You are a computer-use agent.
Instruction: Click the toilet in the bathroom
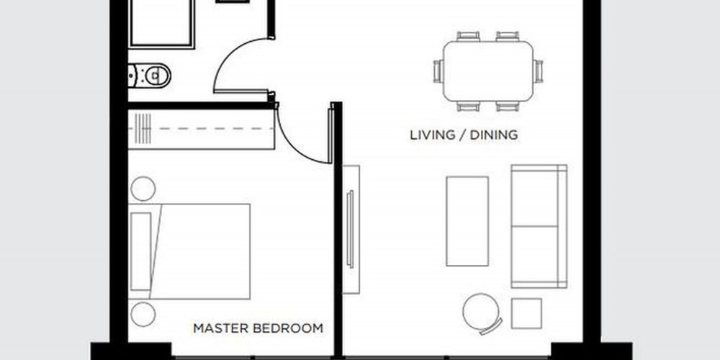coord(150,76)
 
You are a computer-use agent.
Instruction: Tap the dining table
coord(488,71)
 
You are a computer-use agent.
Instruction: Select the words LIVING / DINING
coord(464,135)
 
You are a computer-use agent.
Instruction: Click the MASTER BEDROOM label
coord(258,328)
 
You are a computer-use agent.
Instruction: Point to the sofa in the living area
coord(539,226)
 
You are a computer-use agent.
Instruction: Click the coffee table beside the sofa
coord(467,221)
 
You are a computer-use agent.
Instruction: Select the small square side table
coord(526,314)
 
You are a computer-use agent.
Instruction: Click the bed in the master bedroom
coord(189,251)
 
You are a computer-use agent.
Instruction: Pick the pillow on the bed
coord(141,251)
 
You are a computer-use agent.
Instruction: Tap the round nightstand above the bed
coord(143,189)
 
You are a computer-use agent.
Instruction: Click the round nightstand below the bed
coord(143,314)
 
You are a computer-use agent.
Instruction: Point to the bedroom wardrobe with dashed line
coord(201,129)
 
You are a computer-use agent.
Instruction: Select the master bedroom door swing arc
coord(297,147)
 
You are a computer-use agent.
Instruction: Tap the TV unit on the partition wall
coord(351,229)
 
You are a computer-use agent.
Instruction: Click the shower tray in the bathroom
coord(161,23)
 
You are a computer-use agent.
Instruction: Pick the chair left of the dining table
coord(438,71)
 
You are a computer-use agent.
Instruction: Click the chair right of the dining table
coord(538,71)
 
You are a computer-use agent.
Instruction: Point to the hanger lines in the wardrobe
coord(143,129)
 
